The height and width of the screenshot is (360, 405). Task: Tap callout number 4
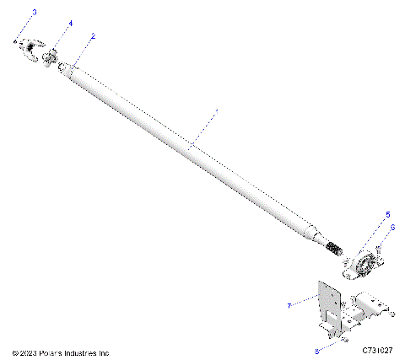coord(71,24)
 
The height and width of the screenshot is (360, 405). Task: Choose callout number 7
coord(289,305)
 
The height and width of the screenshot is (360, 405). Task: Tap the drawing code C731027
coord(378,350)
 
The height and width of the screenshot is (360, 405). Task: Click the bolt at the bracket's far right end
coord(392,314)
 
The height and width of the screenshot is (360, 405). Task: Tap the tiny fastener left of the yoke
coord(16,40)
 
